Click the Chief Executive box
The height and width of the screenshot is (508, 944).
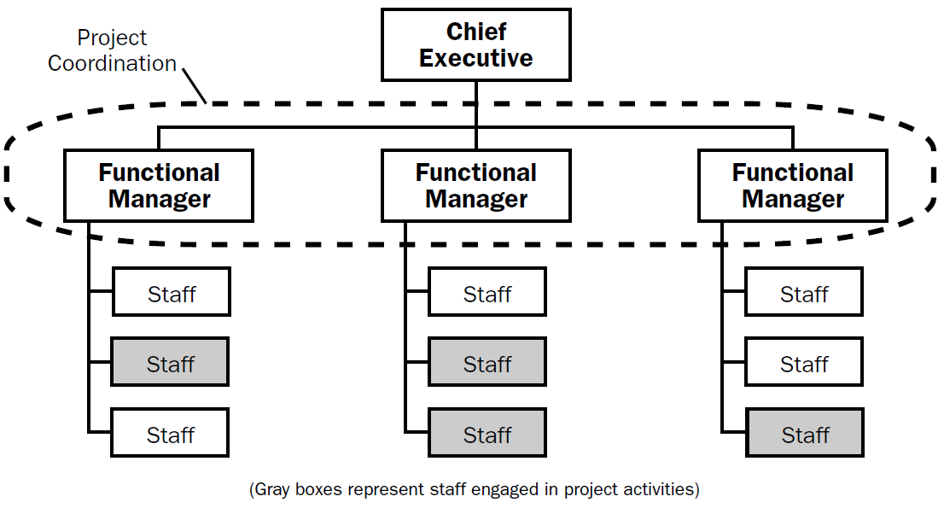[475, 45]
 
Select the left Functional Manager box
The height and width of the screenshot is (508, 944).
[159, 186]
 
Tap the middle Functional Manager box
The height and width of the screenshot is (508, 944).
[475, 186]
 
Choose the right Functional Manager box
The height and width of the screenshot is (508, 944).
[792, 186]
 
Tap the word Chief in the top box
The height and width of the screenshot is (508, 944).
[475, 32]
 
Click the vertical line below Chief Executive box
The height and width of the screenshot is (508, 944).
[475, 102]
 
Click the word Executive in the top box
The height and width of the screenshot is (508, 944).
[475, 59]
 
